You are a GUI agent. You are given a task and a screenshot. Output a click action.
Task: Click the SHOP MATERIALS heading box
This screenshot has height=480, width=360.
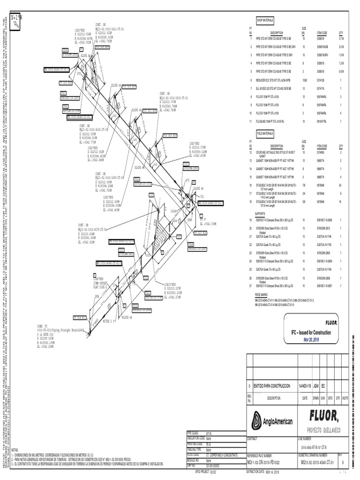[x=264, y=21]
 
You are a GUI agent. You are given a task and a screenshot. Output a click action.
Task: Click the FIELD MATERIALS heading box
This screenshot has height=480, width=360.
[x=264, y=133]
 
